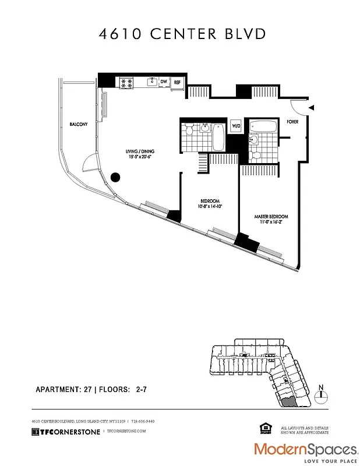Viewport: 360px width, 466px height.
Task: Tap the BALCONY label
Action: (x=79, y=124)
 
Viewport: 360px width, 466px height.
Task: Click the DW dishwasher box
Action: (x=164, y=82)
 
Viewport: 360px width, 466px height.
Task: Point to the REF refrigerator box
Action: (x=177, y=83)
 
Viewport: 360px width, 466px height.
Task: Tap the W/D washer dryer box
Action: (x=236, y=126)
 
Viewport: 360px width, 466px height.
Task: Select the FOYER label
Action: (x=292, y=122)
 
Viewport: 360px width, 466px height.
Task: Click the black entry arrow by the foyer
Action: (x=311, y=108)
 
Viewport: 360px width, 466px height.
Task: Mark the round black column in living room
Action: (x=115, y=178)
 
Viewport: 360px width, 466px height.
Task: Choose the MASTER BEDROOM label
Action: (x=271, y=217)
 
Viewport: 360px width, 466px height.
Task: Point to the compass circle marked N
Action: (x=321, y=395)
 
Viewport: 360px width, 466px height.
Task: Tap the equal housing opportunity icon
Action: (x=268, y=430)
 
